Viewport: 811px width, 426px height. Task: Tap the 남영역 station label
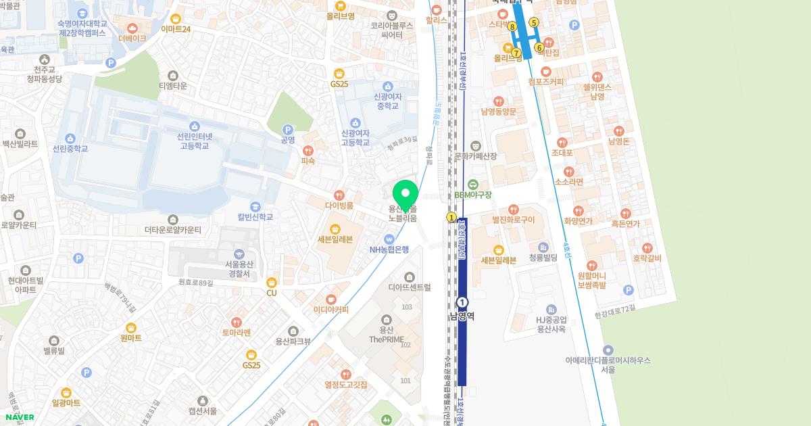[x=462, y=316]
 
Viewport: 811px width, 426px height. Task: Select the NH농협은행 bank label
[x=389, y=249]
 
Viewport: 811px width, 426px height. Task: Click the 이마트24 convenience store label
[x=176, y=29]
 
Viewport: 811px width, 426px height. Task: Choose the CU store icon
[x=272, y=283]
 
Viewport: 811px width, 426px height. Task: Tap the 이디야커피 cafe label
[x=331, y=310]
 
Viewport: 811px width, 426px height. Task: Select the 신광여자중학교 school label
[x=387, y=101]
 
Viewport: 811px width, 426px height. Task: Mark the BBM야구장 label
[x=473, y=195]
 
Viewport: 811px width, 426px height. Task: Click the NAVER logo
[x=19, y=417]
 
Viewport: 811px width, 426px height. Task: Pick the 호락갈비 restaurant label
[x=647, y=258]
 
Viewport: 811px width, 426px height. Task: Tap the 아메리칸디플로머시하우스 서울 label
[x=608, y=364]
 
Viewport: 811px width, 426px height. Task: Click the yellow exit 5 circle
[x=533, y=22]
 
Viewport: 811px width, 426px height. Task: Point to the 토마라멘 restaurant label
[x=236, y=332]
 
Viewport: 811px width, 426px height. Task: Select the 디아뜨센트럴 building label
[x=409, y=287]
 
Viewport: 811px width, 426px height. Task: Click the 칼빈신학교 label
[x=255, y=217]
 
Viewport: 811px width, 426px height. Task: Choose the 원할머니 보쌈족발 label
[x=592, y=281]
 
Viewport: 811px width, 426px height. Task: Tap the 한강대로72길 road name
[x=614, y=308]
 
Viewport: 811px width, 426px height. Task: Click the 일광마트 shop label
[x=66, y=402]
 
